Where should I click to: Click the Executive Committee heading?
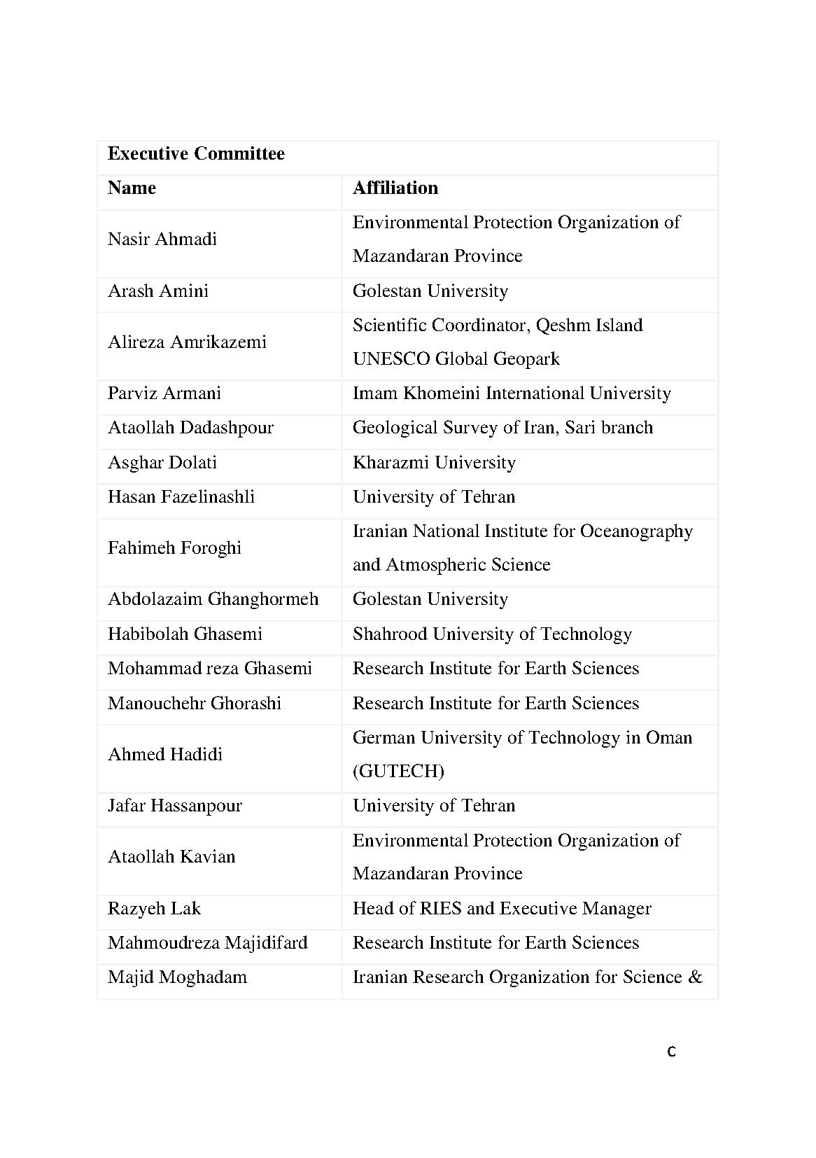click(196, 154)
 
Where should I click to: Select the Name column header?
click(132, 188)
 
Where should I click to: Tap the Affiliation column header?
click(395, 188)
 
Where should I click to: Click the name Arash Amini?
click(158, 291)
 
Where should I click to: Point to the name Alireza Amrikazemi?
click(187, 342)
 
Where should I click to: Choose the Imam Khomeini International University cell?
click(511, 393)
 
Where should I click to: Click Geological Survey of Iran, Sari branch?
click(502, 428)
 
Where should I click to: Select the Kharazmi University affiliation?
click(434, 463)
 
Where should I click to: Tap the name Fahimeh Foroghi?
click(174, 548)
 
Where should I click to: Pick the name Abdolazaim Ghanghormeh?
click(213, 599)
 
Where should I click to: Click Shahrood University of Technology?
click(492, 634)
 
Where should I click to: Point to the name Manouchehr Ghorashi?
click(195, 704)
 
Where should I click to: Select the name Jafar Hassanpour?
click(175, 806)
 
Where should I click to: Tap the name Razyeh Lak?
click(154, 909)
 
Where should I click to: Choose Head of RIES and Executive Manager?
click(501, 909)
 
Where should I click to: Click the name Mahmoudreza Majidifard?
click(208, 943)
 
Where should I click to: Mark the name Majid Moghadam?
click(177, 977)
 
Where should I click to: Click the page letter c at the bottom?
click(671, 1052)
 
